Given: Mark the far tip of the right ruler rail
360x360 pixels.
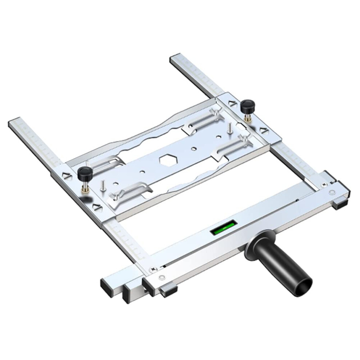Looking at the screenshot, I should click(x=176, y=59).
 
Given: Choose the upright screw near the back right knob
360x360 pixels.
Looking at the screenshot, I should click(x=230, y=127).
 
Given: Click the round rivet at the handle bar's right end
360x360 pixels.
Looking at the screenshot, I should click(x=332, y=191).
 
